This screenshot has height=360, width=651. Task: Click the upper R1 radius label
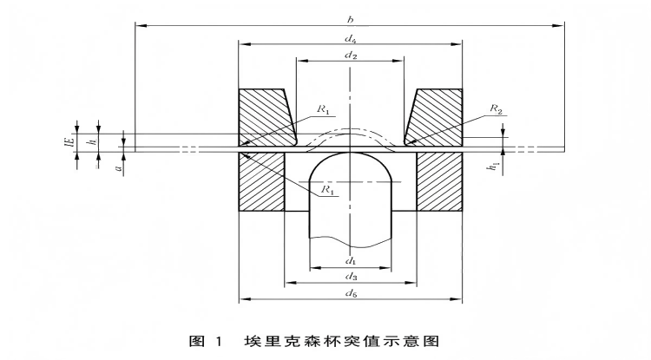[x=322, y=109]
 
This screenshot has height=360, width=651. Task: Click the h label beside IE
[x=91, y=139]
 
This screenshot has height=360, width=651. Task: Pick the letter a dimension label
[x=117, y=161]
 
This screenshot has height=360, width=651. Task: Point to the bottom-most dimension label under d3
[x=351, y=295]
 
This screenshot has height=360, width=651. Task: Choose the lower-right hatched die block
[x=439, y=182]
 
